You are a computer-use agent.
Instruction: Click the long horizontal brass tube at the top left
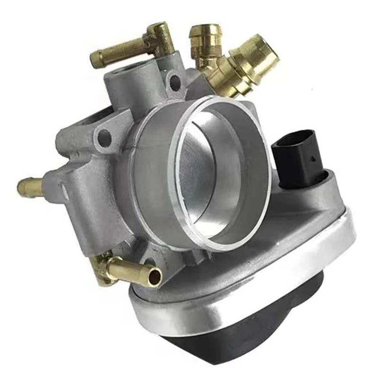coord(114,55)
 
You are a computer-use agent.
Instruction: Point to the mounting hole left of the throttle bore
coord(105,138)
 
